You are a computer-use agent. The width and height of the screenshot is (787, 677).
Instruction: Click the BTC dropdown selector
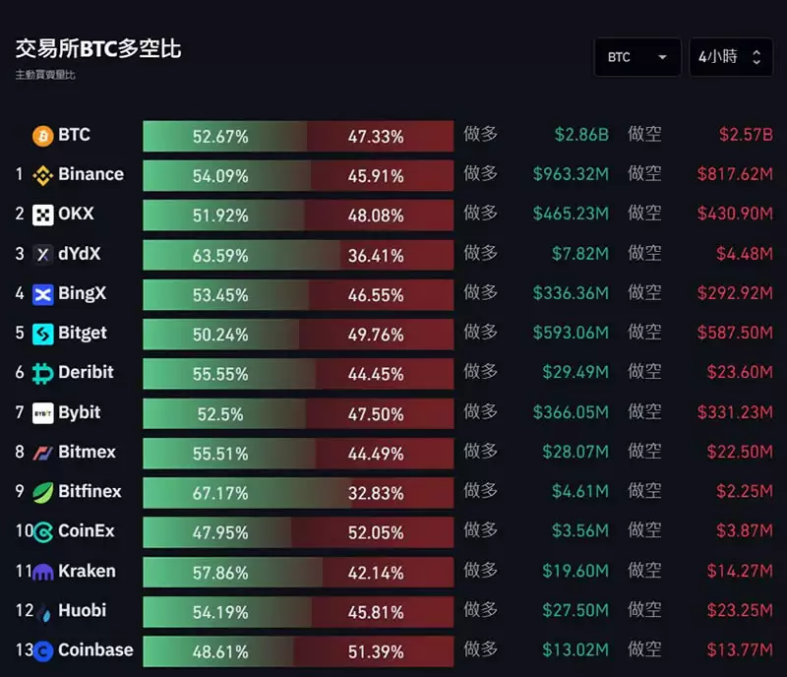pyautogui.click(x=636, y=57)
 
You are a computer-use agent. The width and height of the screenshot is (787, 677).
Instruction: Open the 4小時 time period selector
pyautogui.click(x=730, y=57)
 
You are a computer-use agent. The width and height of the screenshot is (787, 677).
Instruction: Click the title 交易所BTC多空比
pyautogui.click(x=98, y=48)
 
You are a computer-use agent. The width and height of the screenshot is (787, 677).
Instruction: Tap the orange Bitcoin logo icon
pyautogui.click(x=43, y=136)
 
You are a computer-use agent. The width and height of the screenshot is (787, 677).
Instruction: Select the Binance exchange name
pyautogui.click(x=91, y=174)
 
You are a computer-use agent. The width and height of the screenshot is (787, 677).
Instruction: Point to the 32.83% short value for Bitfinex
pyautogui.click(x=376, y=493)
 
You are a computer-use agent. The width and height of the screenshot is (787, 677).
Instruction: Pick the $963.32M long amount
pyautogui.click(x=571, y=174)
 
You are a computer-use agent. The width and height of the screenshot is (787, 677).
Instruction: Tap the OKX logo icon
pyautogui.click(x=43, y=215)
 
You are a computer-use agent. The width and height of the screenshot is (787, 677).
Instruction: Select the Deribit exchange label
pyautogui.click(x=86, y=372)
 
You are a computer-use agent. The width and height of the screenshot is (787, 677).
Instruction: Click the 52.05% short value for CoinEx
pyautogui.click(x=376, y=532)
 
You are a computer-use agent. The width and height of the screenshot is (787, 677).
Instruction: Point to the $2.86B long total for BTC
pyautogui.click(x=581, y=135)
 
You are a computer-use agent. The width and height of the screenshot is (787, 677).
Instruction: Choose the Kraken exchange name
pyautogui.click(x=87, y=571)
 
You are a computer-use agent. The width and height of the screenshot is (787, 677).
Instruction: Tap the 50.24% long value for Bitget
pyautogui.click(x=220, y=335)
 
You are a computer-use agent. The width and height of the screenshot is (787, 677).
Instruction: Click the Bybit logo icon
pyautogui.click(x=43, y=413)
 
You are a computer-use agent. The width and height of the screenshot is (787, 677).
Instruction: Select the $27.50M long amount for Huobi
pyautogui.click(x=575, y=610)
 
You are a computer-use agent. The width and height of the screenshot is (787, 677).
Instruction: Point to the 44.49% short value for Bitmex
pyautogui.click(x=376, y=454)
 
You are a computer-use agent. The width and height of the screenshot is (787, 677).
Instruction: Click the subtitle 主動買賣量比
pyautogui.click(x=45, y=75)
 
